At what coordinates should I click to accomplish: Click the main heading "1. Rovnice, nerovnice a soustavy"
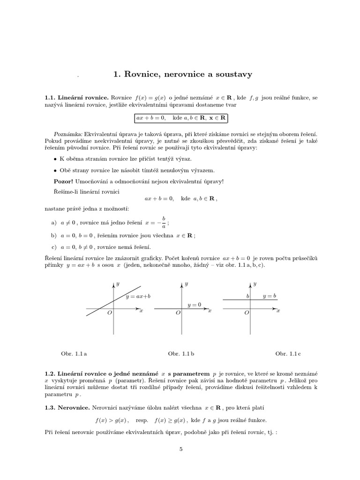[183, 74]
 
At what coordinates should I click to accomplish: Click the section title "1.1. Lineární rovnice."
[76, 98]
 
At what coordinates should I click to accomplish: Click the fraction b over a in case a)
[164, 222]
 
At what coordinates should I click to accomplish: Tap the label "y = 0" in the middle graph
[194, 305]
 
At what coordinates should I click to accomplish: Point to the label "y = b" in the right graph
[269, 296]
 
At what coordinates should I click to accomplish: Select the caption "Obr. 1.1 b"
[181, 354]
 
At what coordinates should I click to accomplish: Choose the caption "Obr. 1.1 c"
[288, 354]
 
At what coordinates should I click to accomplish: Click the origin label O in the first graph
[109, 313]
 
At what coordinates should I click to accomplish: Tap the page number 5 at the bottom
[180, 449]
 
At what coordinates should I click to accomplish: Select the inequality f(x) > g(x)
[112, 420]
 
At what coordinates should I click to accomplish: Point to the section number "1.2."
[50, 373]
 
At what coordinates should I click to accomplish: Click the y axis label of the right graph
[255, 284]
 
